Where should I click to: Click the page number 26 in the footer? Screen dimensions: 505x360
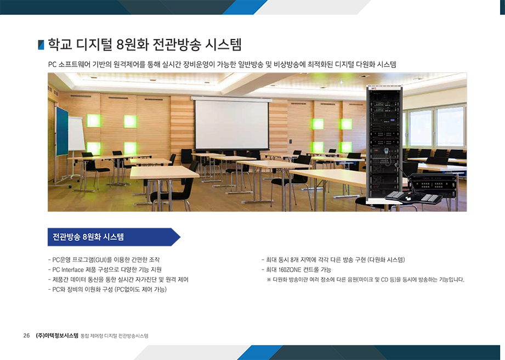26,335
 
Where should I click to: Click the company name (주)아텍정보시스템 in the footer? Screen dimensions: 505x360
57,335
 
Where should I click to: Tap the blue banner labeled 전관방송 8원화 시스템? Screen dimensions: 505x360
114,237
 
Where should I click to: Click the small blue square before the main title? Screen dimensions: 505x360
41,45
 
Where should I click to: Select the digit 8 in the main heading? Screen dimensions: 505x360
121,45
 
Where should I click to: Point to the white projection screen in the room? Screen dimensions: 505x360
231,124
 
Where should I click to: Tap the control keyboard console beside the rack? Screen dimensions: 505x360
413,196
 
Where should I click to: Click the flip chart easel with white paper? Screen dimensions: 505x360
76,134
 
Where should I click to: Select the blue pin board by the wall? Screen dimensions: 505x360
62,131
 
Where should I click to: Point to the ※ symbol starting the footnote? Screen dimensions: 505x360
269,279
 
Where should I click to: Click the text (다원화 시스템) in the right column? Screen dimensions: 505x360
386,260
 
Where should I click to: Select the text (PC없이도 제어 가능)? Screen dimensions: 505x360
140,289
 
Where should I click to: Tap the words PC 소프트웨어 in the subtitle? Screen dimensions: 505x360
70,64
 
